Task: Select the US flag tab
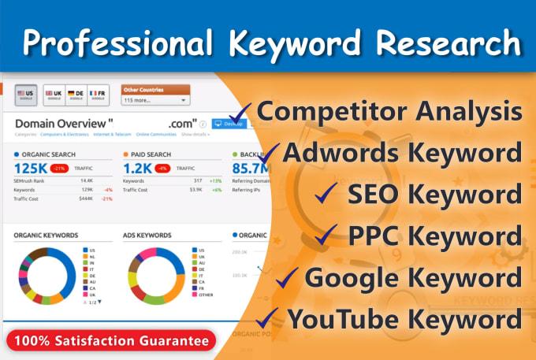[x=26, y=95]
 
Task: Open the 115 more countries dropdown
[x=156, y=101]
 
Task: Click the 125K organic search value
[x=31, y=168]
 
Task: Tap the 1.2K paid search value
[x=137, y=168]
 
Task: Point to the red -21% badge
[x=59, y=169]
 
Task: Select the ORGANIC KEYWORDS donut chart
[x=46, y=276]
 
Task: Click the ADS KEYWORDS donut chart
[x=154, y=276]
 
